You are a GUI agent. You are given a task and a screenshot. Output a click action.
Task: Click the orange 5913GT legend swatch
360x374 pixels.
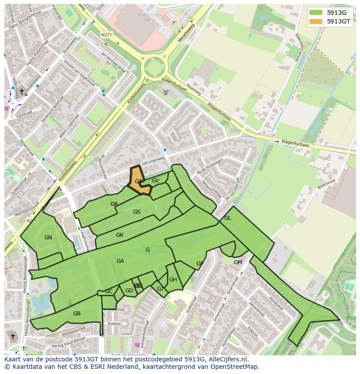[317, 21]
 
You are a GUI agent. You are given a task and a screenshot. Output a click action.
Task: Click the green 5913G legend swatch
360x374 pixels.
[317, 13]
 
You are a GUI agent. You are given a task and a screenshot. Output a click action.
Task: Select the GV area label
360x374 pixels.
[155, 181]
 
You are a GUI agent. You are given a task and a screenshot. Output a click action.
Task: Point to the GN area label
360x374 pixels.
[48, 238]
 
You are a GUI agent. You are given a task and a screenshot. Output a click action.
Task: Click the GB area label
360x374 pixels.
[77, 314]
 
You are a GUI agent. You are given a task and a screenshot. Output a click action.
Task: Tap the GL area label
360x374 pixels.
[228, 218]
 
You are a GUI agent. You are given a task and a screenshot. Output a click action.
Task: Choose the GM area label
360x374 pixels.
[238, 262]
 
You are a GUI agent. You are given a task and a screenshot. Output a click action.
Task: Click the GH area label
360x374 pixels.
[173, 280]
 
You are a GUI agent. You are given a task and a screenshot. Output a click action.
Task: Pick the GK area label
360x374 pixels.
[120, 235]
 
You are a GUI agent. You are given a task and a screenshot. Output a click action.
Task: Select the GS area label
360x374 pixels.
[137, 212]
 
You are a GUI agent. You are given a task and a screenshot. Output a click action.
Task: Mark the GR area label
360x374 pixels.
[114, 204]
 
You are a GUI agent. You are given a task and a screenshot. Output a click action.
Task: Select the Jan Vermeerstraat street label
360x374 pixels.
[113, 62]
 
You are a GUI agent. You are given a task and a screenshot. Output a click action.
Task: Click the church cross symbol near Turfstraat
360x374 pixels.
[21, 91]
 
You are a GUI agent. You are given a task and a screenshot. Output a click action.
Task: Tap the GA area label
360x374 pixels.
[120, 261]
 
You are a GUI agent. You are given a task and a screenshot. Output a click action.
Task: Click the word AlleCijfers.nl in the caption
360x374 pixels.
[228, 359]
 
